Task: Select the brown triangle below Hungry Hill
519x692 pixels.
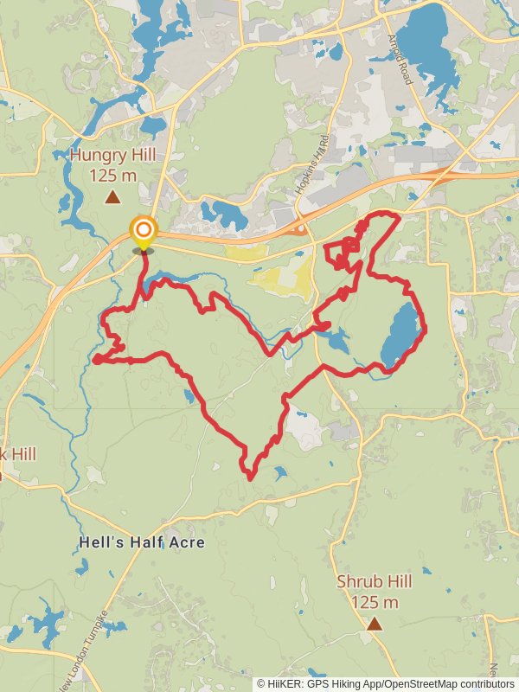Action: click(112, 197)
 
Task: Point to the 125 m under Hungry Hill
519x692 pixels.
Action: click(113, 176)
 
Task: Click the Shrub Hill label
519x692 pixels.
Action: click(375, 582)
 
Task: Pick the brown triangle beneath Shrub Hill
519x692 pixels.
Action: click(375, 623)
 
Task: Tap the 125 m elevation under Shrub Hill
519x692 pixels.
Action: click(375, 602)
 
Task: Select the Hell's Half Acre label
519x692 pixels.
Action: click(142, 542)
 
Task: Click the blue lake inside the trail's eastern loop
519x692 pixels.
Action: click(400, 336)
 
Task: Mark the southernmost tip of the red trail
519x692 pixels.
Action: click(250, 478)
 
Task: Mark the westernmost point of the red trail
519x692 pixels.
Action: click(94, 359)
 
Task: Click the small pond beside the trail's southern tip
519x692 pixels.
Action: click(279, 473)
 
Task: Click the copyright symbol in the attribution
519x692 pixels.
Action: click(261, 683)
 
